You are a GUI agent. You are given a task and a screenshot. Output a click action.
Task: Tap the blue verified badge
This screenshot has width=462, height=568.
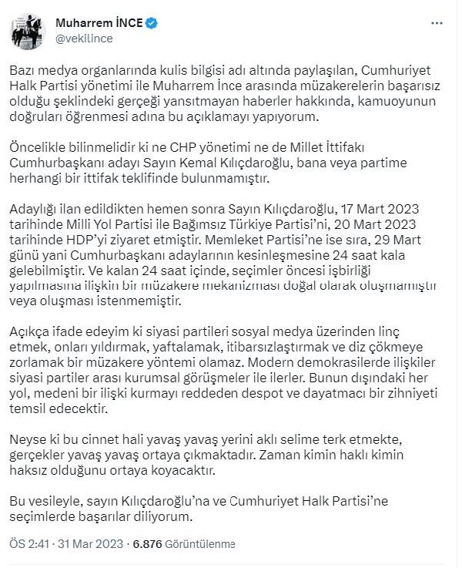click(x=152, y=22)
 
